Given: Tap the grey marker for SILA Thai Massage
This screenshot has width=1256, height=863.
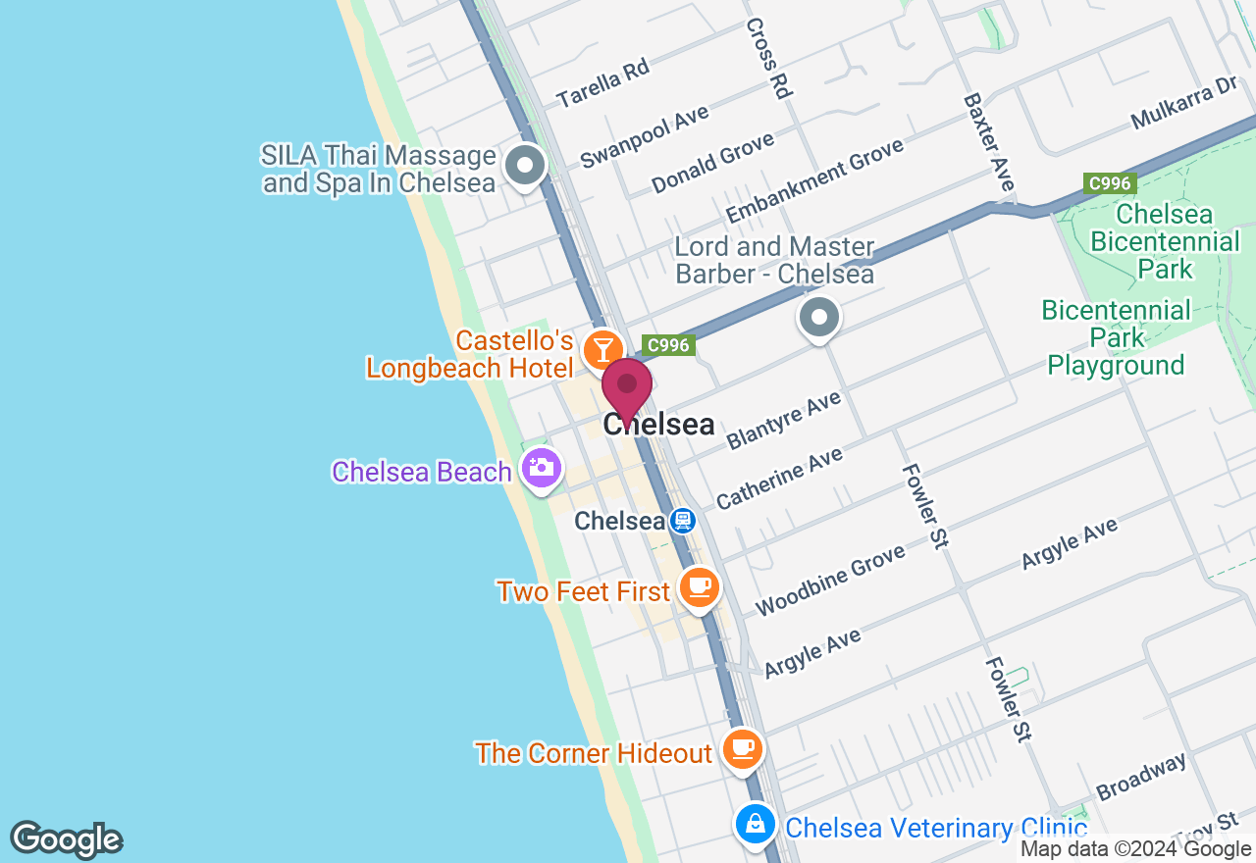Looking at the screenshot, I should [x=525, y=166].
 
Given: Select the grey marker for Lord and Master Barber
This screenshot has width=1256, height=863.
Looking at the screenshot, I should [x=819, y=318].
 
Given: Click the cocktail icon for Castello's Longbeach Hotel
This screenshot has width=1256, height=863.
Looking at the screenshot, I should [x=602, y=349].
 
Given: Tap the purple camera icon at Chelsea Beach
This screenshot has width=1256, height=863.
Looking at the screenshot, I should [x=541, y=468].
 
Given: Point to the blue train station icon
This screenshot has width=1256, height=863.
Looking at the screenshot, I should [x=683, y=521].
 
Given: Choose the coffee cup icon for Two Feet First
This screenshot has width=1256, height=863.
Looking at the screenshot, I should [x=699, y=587].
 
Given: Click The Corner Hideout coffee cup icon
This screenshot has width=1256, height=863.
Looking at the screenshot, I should [x=743, y=749].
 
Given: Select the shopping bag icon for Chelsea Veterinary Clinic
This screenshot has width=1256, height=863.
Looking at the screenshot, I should [x=755, y=824].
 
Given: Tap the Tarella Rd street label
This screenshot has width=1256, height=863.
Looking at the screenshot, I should [x=602, y=82].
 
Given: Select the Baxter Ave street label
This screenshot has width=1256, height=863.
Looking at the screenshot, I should [x=988, y=142].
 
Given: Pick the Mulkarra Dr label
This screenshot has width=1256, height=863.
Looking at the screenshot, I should [x=1183, y=104].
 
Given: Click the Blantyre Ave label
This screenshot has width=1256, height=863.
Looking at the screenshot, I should [x=783, y=421].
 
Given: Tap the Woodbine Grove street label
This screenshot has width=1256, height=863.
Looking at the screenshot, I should [x=830, y=581].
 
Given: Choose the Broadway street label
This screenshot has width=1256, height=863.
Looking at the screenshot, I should [x=1141, y=777].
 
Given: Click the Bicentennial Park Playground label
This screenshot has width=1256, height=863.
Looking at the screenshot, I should [x=1116, y=338].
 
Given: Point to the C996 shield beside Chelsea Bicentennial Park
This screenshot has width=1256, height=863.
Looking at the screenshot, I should [x=1110, y=183].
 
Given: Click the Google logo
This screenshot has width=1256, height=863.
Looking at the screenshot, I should [x=66, y=839].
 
